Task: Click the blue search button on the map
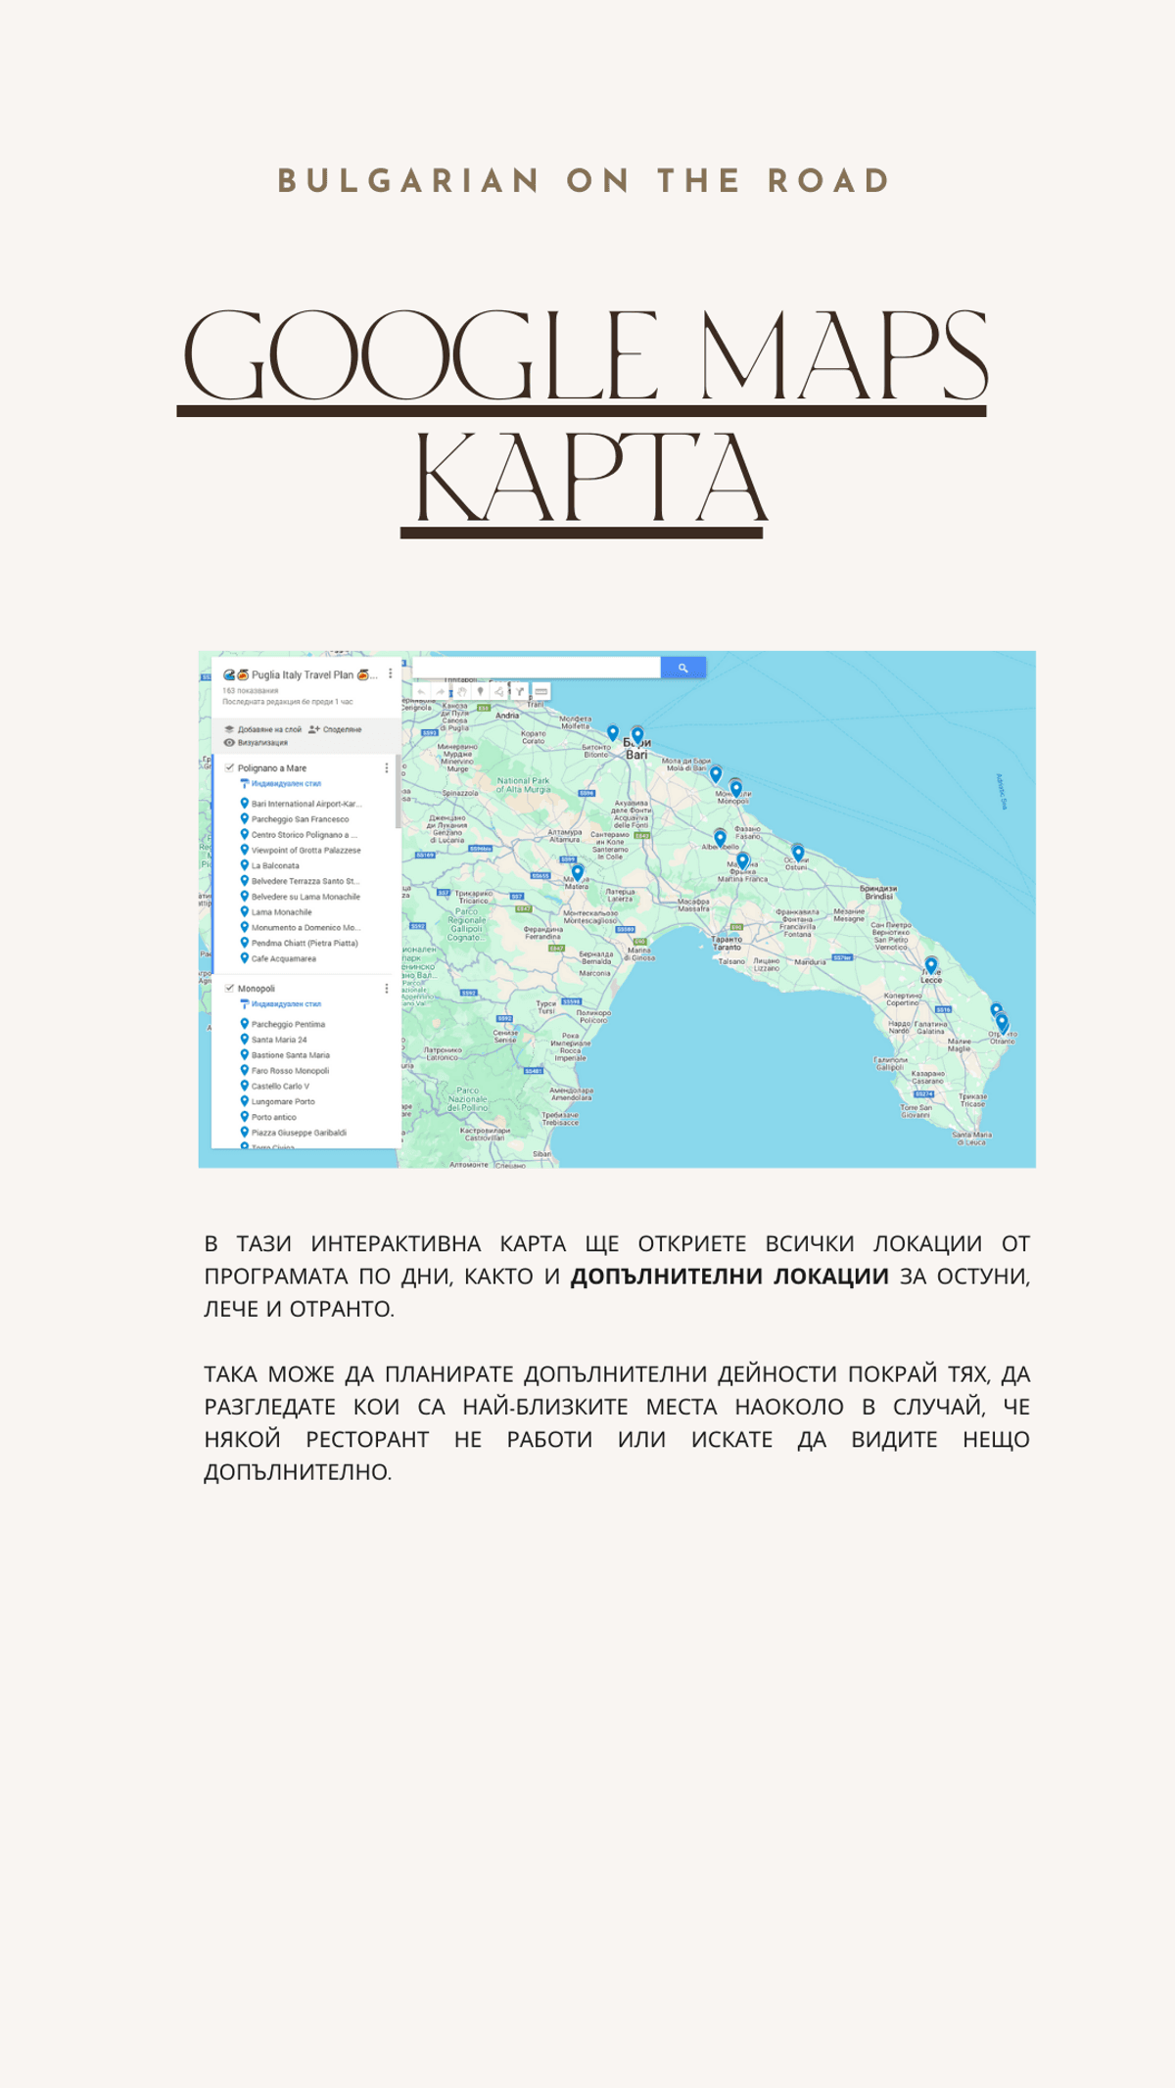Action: pyautogui.click(x=682, y=668)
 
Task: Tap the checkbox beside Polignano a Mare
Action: pyautogui.click(x=229, y=767)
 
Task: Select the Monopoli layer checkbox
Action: pyautogui.click(x=229, y=988)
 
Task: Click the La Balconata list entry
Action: pyautogui.click(x=275, y=865)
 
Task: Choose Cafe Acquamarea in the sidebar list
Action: pyautogui.click(x=283, y=958)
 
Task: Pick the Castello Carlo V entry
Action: pyautogui.click(x=280, y=1086)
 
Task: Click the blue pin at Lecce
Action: pyautogui.click(x=931, y=965)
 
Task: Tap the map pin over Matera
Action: pyautogui.click(x=577, y=871)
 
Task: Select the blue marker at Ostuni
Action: pyautogui.click(x=798, y=852)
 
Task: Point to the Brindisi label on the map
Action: pyautogui.click(x=878, y=892)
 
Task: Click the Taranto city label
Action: pyautogui.click(x=727, y=943)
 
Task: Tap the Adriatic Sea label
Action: pyautogui.click(x=1001, y=791)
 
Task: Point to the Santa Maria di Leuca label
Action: pyautogui.click(x=971, y=1138)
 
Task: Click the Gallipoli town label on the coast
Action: pyautogui.click(x=890, y=1063)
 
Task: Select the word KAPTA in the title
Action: pyautogui.click(x=590, y=480)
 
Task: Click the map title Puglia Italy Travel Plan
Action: pyautogui.click(x=302, y=674)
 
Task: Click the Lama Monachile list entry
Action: pyautogui.click(x=281, y=911)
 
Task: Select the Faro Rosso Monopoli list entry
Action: pyautogui.click(x=290, y=1070)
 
